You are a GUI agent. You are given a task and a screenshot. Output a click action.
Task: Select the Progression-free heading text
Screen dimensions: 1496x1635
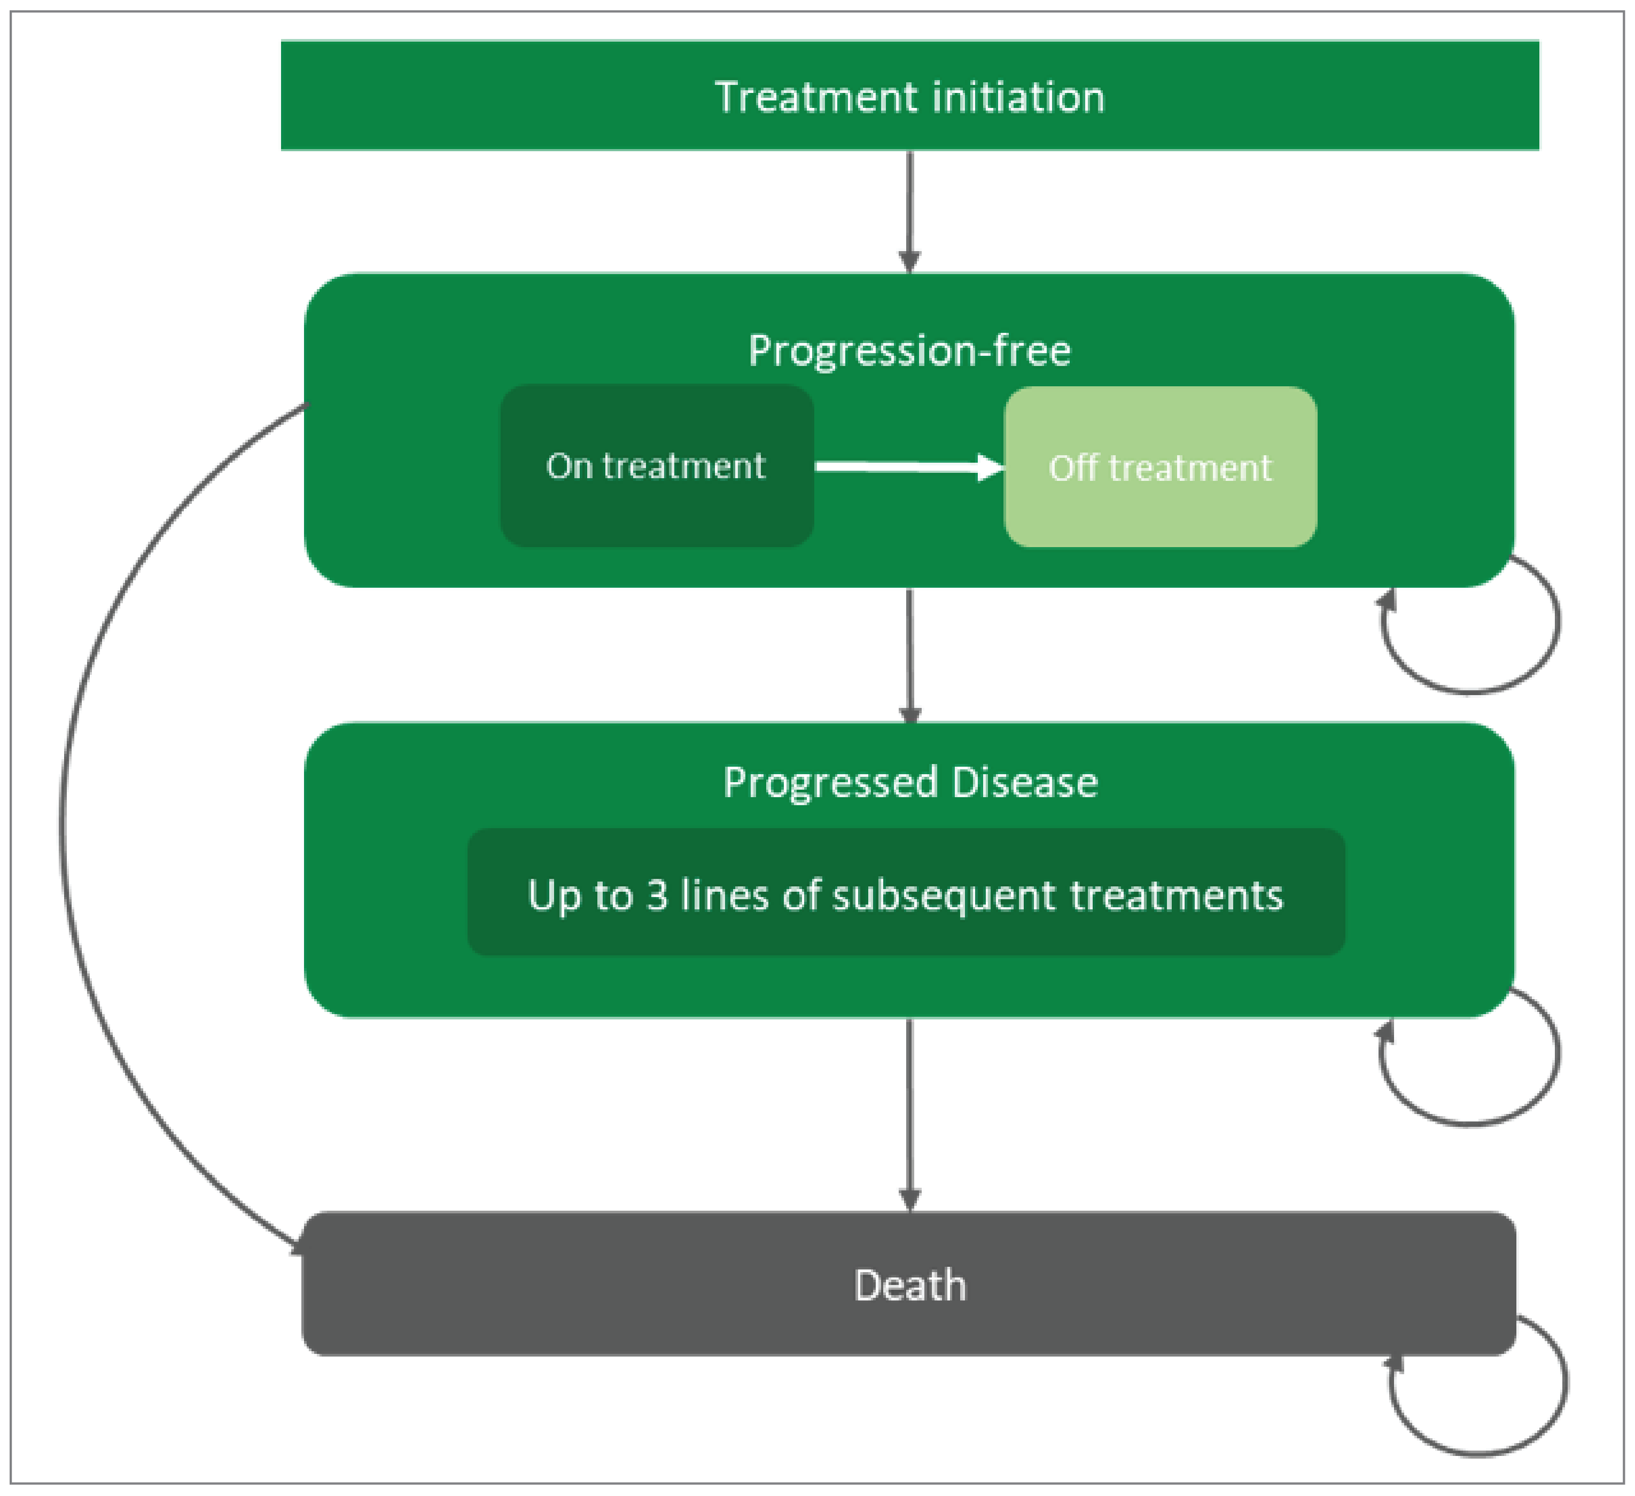coord(909,351)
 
